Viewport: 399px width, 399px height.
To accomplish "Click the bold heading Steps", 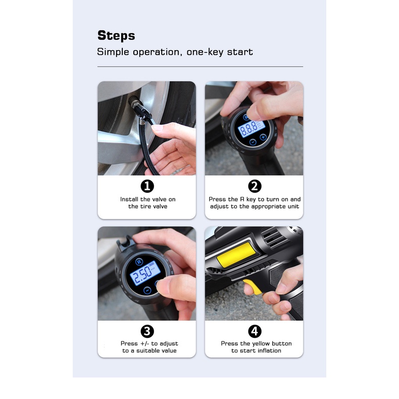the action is tap(116, 36).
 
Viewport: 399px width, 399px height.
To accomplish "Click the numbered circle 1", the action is tap(147, 186).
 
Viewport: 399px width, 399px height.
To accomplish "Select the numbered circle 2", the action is tap(255, 186).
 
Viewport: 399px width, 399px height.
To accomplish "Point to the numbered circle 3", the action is tap(147, 331).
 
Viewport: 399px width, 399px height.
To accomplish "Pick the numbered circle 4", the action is tap(255, 331).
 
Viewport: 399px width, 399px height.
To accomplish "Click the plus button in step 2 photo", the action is tap(263, 137).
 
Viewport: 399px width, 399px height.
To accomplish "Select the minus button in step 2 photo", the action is tap(253, 142).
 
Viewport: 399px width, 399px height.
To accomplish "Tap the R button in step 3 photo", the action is tap(139, 262).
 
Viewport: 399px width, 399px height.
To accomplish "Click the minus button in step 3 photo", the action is tap(147, 290).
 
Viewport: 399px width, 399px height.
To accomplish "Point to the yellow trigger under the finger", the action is tap(253, 286).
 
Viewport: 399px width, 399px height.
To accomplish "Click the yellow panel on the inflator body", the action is tap(236, 255).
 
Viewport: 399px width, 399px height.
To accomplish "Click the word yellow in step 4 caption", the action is tap(260, 344).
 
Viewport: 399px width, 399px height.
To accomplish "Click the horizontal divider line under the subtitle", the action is tap(200, 67).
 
